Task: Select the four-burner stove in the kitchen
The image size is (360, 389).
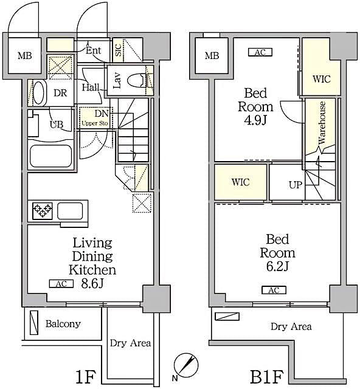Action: [42, 212]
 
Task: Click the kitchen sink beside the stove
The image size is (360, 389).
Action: [70, 212]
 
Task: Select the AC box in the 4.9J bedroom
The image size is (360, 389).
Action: [260, 52]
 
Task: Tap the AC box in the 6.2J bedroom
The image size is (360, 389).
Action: [274, 290]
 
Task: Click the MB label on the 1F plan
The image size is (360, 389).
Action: [24, 57]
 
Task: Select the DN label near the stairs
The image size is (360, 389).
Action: [102, 114]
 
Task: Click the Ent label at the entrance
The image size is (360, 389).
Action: [94, 50]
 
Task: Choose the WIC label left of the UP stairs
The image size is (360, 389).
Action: [240, 182]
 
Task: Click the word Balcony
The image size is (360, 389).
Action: [63, 324]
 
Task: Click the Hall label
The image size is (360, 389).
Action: [91, 88]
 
